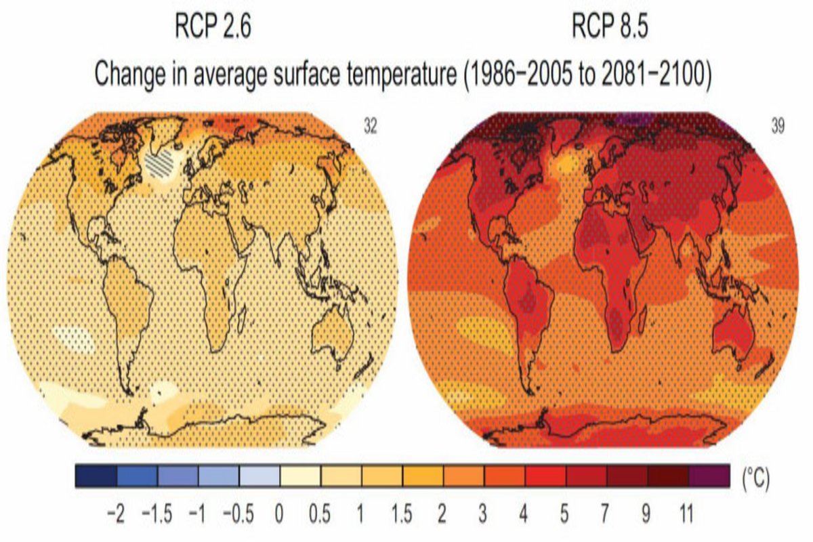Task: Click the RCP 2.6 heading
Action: tap(212, 29)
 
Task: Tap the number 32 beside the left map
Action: tap(370, 127)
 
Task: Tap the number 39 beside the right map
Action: tap(777, 127)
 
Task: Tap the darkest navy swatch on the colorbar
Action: tap(96, 476)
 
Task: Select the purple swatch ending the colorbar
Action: tap(709, 476)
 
